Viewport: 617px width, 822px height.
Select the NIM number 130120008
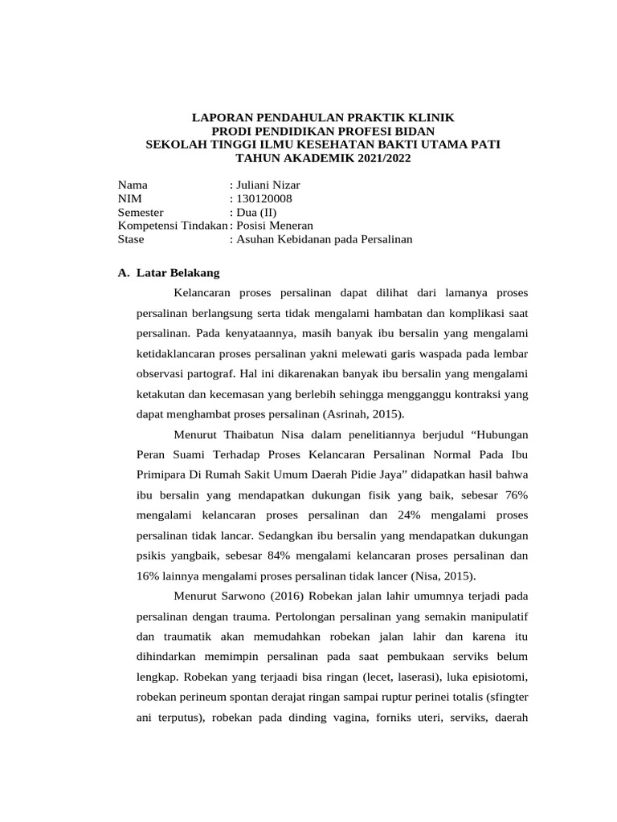[264, 199]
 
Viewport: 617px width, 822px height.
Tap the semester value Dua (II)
[256, 213]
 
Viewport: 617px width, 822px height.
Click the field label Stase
[130, 239]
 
